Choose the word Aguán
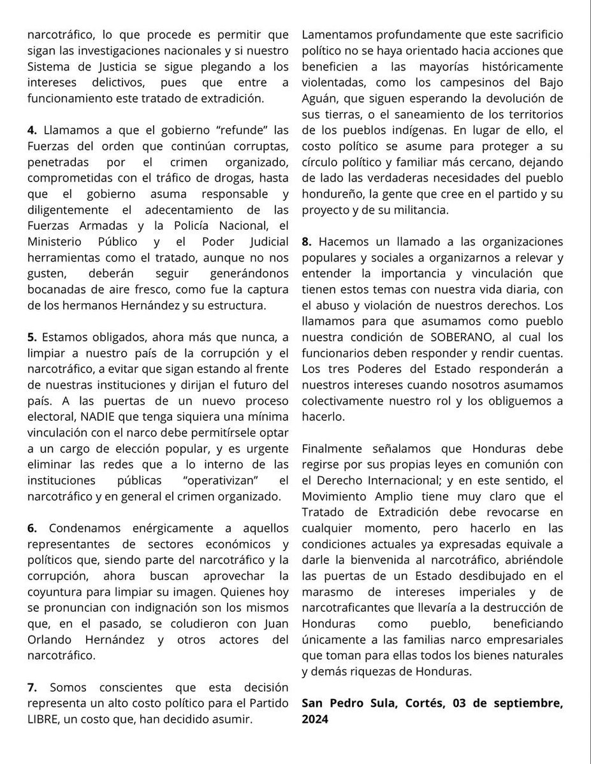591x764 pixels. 321,99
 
